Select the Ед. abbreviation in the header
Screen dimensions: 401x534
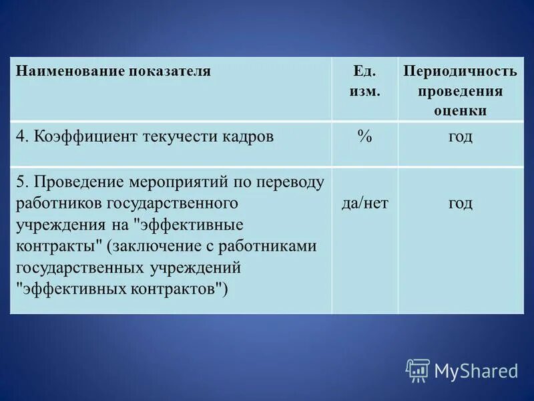tap(364, 71)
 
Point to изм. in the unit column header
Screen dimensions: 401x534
tap(364, 91)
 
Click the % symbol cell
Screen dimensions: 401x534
tap(364, 136)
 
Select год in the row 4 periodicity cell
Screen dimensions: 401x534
tap(461, 137)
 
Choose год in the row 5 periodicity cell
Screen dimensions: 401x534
tap(461, 203)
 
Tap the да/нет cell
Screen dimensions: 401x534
tap(364, 203)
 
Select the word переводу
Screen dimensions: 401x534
tap(292, 182)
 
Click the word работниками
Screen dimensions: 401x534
tap(274, 246)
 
